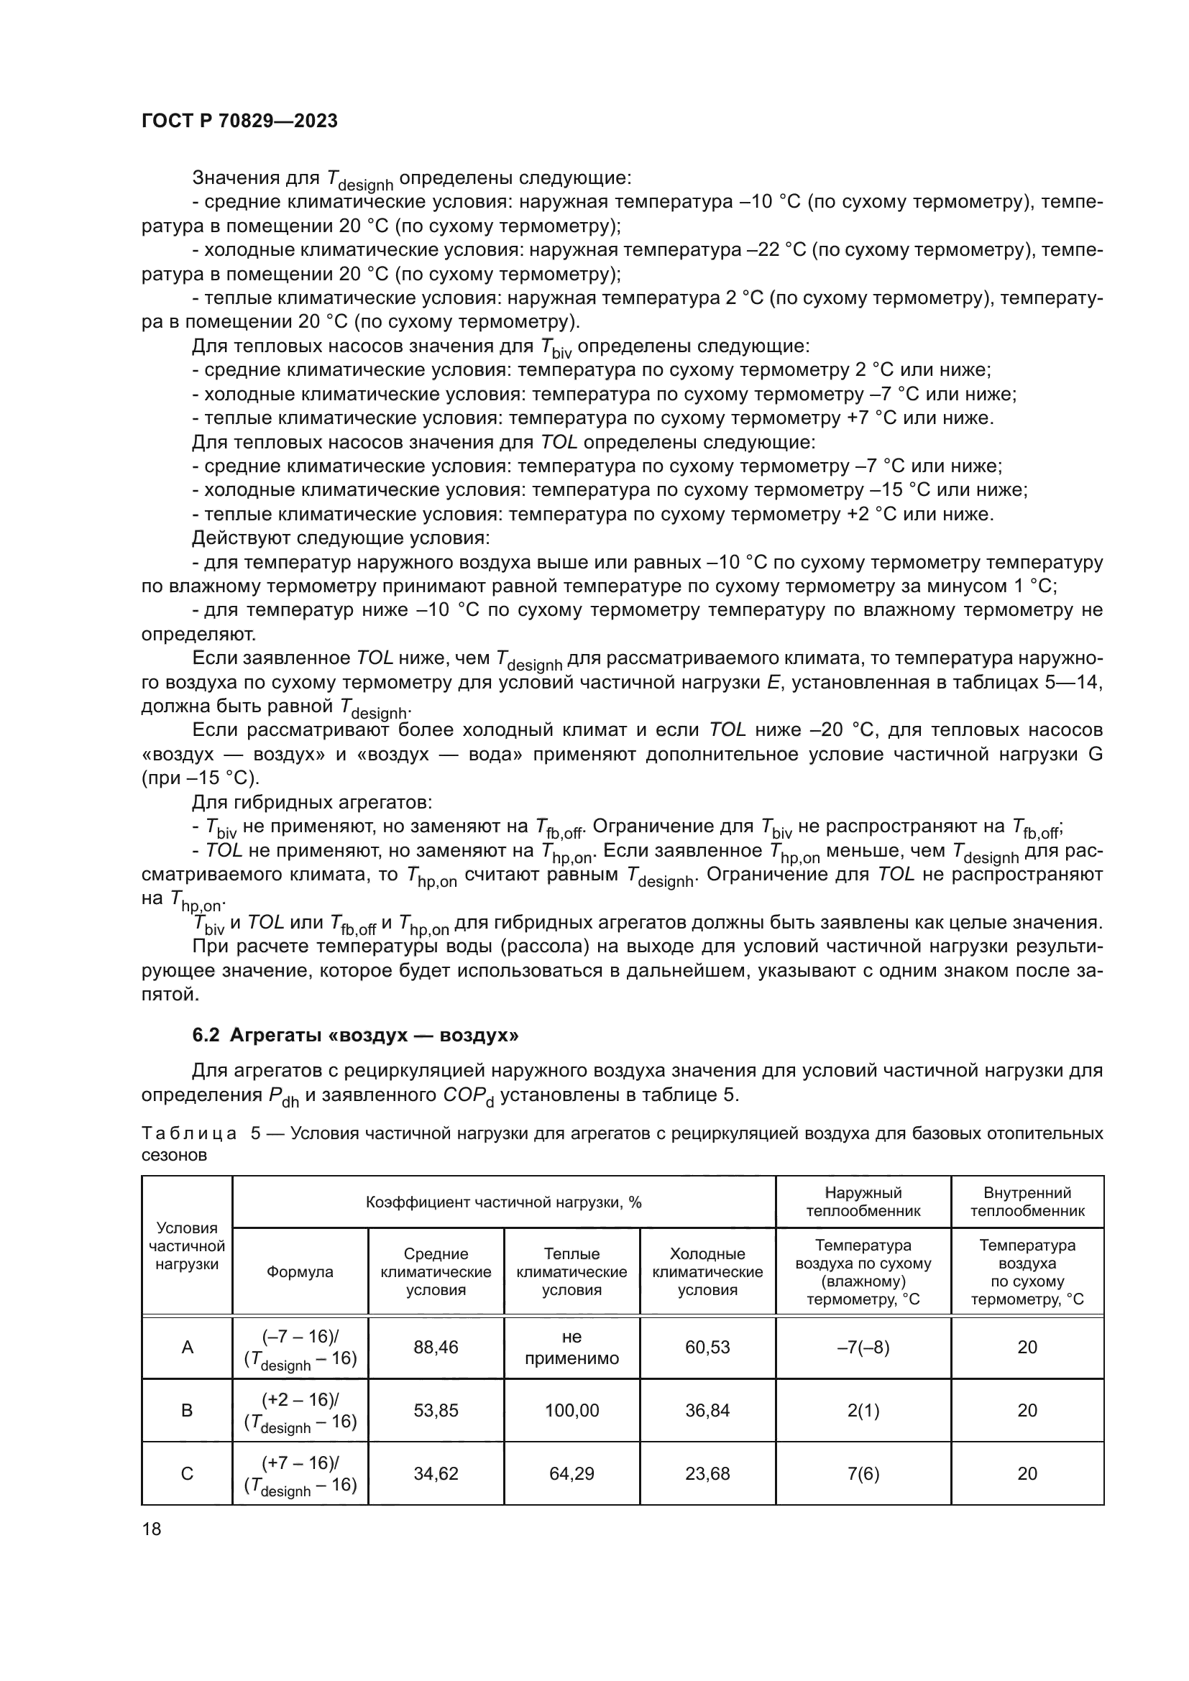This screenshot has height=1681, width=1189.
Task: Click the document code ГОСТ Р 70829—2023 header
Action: click(239, 121)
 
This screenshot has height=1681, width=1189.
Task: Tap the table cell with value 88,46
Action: click(436, 1347)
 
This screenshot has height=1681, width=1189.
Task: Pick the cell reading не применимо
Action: click(571, 1347)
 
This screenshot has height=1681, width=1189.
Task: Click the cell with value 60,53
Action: click(707, 1347)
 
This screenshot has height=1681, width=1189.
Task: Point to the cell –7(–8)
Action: click(863, 1347)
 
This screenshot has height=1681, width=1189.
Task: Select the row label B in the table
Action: click(187, 1410)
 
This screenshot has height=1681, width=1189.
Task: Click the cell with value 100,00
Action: click(571, 1410)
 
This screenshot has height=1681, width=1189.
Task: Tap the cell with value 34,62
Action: click(436, 1473)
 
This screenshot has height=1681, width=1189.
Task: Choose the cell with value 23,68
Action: click(707, 1473)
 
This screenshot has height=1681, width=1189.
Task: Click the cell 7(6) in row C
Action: click(863, 1473)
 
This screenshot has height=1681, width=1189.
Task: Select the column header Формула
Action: click(300, 1272)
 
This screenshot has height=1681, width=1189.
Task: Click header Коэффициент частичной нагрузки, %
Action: click(504, 1202)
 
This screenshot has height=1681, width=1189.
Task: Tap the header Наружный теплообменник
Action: click(863, 1202)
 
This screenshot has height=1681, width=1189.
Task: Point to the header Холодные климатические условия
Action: click(707, 1272)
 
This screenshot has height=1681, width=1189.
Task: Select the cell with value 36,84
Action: click(707, 1410)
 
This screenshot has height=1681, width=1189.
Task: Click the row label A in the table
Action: click(187, 1347)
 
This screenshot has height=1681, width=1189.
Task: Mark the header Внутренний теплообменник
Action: click(1027, 1202)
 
